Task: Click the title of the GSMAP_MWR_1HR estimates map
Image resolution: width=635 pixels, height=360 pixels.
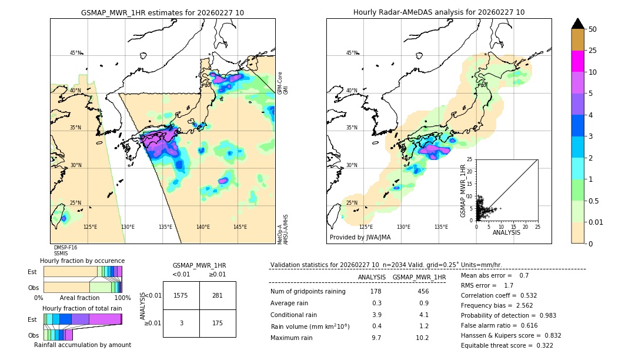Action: click(162, 12)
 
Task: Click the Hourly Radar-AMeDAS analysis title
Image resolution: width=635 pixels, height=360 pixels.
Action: click(439, 12)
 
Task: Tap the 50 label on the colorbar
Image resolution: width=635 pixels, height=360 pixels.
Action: click(593, 29)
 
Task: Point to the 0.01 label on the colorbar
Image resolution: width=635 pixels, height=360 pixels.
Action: click(596, 222)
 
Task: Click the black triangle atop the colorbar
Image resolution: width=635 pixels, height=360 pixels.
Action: click(578, 24)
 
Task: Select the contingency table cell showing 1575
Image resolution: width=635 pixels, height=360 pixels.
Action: click(181, 295)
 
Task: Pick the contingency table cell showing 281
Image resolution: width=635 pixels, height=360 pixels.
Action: click(218, 295)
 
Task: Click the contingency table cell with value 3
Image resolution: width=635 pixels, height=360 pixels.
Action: click(181, 323)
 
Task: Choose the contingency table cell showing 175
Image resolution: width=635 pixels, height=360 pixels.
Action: click(218, 323)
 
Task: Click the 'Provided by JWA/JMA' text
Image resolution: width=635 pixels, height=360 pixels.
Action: click(360, 238)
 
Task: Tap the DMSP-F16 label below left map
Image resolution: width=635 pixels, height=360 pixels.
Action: click(65, 248)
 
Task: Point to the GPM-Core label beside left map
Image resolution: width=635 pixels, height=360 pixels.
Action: click(280, 83)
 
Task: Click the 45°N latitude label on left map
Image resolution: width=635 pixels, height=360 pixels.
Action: click(76, 53)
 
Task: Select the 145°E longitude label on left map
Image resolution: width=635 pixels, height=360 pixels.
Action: click(240, 227)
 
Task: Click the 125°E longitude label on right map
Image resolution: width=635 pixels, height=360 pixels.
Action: click(366, 227)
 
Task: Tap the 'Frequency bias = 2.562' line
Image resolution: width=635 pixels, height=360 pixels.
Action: click(499, 305)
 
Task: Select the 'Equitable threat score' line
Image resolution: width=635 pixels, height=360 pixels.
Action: click(507, 345)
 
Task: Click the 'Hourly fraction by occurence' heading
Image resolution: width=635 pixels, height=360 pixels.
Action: click(82, 261)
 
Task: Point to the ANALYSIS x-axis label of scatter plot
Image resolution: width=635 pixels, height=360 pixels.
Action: click(506, 232)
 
